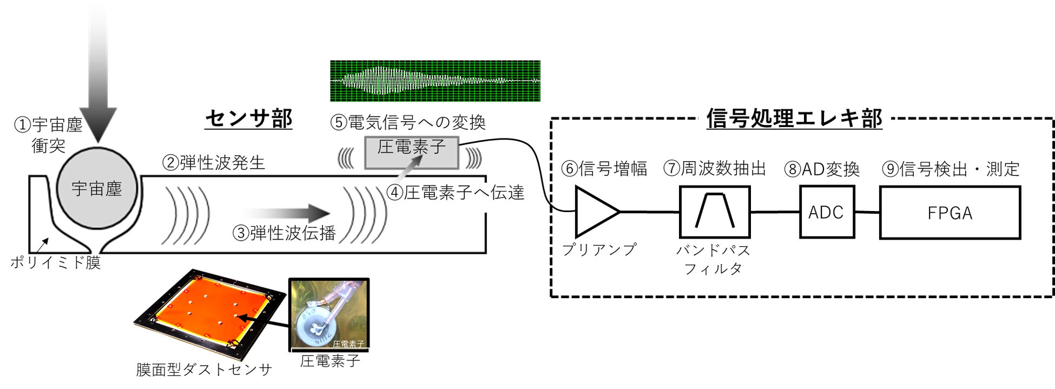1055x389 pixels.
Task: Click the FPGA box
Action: click(x=949, y=213)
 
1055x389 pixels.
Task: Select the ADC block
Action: click(x=826, y=212)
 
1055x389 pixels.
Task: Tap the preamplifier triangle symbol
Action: click(x=595, y=212)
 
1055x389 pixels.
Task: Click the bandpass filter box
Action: click(x=714, y=212)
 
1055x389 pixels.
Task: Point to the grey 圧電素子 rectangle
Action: click(x=411, y=153)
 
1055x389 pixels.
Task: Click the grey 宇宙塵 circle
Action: click(x=97, y=188)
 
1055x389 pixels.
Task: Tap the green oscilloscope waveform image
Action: click(x=435, y=81)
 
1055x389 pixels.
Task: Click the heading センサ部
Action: click(x=248, y=118)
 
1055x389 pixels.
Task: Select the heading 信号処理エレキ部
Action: click(x=794, y=118)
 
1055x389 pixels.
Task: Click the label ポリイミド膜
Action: click(x=56, y=263)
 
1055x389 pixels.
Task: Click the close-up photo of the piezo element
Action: click(x=328, y=314)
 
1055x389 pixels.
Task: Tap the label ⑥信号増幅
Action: click(x=604, y=169)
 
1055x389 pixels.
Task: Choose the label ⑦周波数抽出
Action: click(x=714, y=169)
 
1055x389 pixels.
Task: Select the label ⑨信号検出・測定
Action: click(x=950, y=169)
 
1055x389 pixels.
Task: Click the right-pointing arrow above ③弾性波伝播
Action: click(x=287, y=213)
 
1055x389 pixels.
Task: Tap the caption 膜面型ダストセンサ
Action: click(x=204, y=370)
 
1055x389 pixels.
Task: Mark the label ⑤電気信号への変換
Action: click(x=408, y=122)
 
